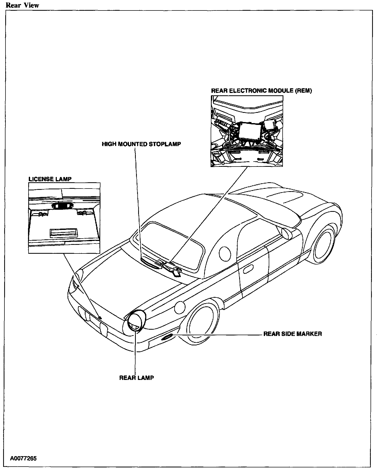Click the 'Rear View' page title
pyautogui.click(x=22, y=5)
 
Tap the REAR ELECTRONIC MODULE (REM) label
pyautogui.click(x=261, y=91)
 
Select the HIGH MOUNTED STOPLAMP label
pyautogui.click(x=141, y=144)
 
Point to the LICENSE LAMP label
pyautogui.click(x=50, y=179)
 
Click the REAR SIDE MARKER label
pyautogui.click(x=293, y=334)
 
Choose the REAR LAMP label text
pyautogui.click(x=136, y=378)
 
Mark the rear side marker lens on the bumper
pyautogui.click(x=166, y=338)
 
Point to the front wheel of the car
pyautogui.click(x=324, y=243)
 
